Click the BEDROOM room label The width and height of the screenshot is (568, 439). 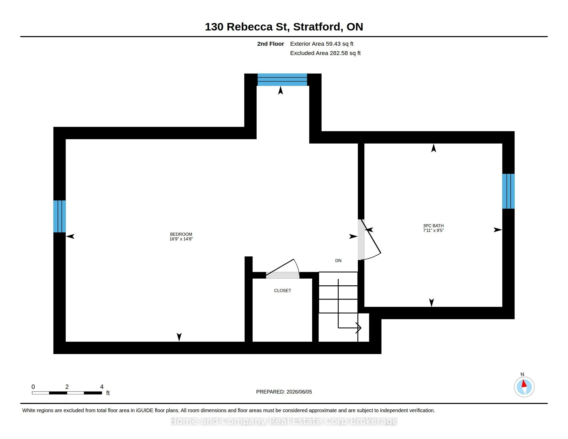click(181, 234)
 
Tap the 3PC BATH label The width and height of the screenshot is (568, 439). click(433, 226)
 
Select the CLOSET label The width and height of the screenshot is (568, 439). click(282, 291)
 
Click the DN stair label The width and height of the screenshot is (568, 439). click(338, 261)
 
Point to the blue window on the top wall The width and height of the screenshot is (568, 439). click(282, 80)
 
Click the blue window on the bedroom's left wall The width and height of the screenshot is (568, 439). click(60, 216)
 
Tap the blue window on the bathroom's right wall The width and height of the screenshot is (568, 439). click(508, 191)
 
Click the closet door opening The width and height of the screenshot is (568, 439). click(283, 275)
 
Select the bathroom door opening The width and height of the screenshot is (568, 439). click(361, 240)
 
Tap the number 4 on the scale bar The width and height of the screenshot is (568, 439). click(102, 387)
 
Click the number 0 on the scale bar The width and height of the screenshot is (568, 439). click(33, 387)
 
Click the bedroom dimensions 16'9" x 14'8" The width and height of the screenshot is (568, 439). click(181, 239)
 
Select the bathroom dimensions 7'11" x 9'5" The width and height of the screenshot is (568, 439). click(433, 230)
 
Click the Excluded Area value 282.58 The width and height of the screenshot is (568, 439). click(339, 53)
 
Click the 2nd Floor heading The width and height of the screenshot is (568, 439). click(271, 44)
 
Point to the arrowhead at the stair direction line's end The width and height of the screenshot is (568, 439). click(359, 328)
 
